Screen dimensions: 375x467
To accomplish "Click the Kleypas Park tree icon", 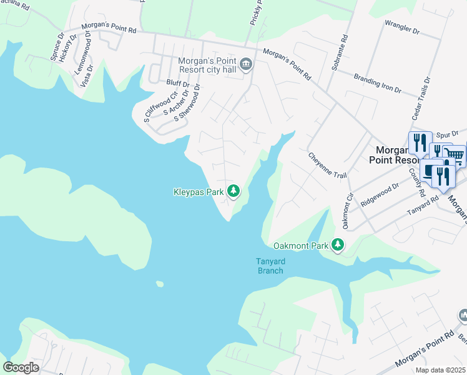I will (x=234, y=191).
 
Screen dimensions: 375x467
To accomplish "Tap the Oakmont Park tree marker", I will (x=338, y=244).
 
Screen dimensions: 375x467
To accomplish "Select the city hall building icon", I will (x=246, y=64).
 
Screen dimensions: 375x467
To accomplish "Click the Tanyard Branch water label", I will (x=270, y=266).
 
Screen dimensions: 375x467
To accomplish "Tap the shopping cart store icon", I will (x=455, y=156).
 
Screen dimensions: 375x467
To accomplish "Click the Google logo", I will (x=21, y=367).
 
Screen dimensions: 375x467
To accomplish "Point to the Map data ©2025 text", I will (x=440, y=370).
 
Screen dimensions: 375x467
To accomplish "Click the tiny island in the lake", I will (x=160, y=284).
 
